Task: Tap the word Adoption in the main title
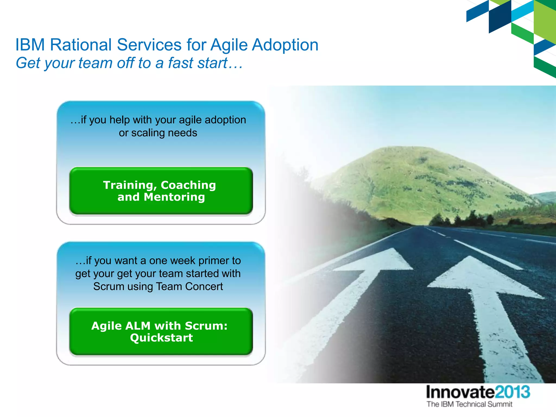pos(285,45)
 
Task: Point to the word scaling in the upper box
pos(148,133)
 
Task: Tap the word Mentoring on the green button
pos(174,197)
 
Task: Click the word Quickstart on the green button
pos(161,338)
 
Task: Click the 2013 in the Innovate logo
pos(512,392)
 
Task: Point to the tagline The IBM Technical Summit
pos(469,404)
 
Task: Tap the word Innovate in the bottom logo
pos(460,392)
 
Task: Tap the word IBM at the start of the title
pos(30,45)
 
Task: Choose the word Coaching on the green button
pos(188,185)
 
